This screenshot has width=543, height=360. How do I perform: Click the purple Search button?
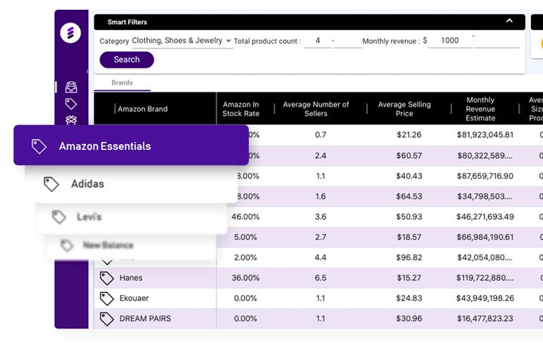point(127,60)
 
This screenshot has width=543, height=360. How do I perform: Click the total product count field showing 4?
point(318,41)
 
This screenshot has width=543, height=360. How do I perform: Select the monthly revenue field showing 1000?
point(449,41)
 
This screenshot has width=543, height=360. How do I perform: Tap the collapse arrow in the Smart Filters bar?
point(509,21)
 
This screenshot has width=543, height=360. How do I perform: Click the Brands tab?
point(121,83)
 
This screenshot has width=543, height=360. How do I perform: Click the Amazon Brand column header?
point(143,109)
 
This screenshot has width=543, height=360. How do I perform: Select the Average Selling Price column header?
point(404,109)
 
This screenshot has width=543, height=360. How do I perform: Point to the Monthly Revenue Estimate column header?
point(480,109)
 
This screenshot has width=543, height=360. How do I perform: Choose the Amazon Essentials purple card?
point(131,146)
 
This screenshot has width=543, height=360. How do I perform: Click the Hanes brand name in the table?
point(131,278)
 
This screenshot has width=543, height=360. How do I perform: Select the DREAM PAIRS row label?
point(145,318)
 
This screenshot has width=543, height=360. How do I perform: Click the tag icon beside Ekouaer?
point(107,298)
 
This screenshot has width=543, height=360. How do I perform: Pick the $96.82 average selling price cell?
point(409,257)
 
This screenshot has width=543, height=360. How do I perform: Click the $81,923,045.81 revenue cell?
point(485,135)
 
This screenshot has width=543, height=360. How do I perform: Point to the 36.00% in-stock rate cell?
point(245,278)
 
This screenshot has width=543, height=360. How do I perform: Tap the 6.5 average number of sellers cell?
point(320,278)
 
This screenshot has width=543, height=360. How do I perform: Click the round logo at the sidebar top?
point(71,33)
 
